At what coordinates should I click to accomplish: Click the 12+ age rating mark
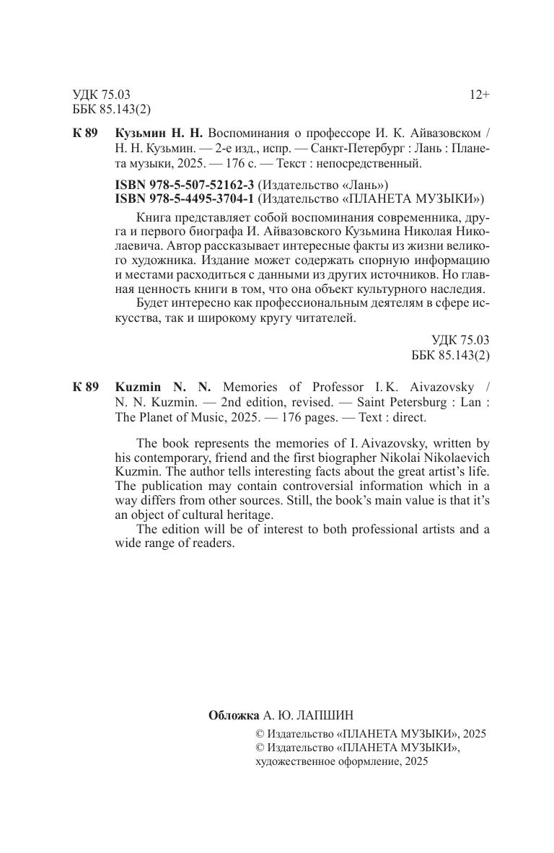479,95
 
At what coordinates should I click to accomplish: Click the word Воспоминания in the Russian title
247,134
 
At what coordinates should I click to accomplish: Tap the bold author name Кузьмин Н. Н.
159,134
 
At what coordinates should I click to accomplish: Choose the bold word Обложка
233,715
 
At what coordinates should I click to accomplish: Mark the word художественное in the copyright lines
294,761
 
